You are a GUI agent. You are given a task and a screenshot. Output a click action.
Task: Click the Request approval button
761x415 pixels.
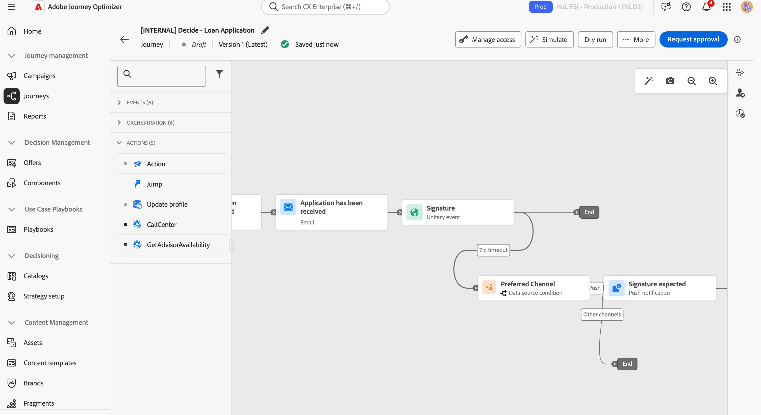coord(693,39)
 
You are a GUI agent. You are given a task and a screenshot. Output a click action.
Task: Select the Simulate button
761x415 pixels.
coord(549,39)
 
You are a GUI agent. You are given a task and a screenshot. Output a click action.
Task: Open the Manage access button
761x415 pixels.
coord(488,39)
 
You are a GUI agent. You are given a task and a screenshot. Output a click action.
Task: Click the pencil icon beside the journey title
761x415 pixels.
coord(265,30)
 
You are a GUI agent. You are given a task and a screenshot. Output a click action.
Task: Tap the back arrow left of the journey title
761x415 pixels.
coord(124,39)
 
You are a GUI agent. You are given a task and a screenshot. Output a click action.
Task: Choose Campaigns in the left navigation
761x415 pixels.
coord(40,76)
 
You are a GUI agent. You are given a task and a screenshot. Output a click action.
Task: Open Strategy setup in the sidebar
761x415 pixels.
coord(44,296)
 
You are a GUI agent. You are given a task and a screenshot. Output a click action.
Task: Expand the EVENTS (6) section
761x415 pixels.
coord(140,102)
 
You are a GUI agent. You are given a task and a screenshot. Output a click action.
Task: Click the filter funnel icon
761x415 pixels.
coord(219,74)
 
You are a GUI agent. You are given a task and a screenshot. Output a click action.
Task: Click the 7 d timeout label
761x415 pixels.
coord(493,250)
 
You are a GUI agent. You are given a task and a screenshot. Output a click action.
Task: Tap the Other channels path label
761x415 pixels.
coord(602,314)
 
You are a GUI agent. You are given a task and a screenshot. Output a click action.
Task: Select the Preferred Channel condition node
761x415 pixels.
coord(534,288)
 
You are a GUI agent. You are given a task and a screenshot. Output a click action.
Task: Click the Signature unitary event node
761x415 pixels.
coord(458,212)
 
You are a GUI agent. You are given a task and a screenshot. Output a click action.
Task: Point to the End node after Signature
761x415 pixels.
coord(589,212)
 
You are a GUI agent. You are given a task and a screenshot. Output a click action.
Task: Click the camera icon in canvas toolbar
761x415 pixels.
coord(670,81)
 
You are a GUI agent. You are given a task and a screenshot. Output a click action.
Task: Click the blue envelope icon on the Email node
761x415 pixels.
coord(288,207)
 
